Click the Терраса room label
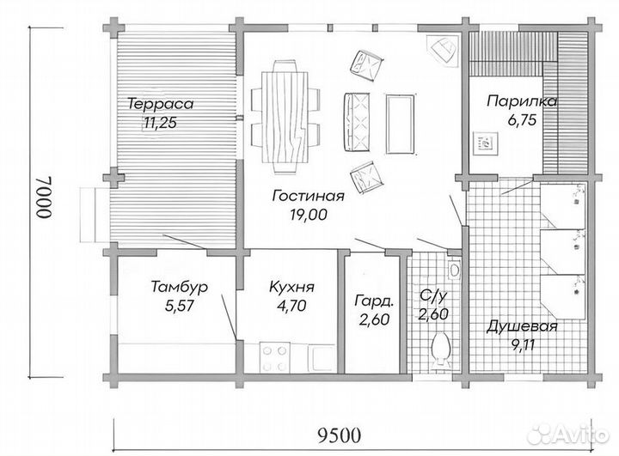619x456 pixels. [161, 104]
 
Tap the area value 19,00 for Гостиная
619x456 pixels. [309, 215]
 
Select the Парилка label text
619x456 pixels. [522, 101]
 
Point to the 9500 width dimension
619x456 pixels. [339, 435]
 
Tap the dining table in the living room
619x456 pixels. [285, 117]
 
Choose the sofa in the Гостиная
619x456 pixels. [357, 122]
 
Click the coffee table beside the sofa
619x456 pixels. [401, 124]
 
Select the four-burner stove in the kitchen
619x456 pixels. [275, 357]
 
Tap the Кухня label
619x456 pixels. [291, 287]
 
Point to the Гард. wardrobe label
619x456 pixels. [374, 301]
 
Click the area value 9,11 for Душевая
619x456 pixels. [523, 345]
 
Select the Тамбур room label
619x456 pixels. [179, 287]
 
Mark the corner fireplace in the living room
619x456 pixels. [443, 49]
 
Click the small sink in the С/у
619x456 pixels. [455, 270]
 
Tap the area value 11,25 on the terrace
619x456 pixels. [160, 123]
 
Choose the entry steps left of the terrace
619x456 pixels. [95, 215]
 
